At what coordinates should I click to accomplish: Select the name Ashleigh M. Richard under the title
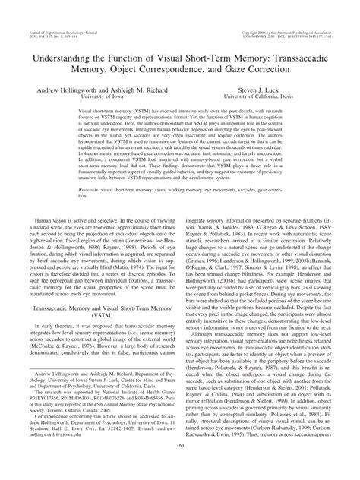(137, 89)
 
